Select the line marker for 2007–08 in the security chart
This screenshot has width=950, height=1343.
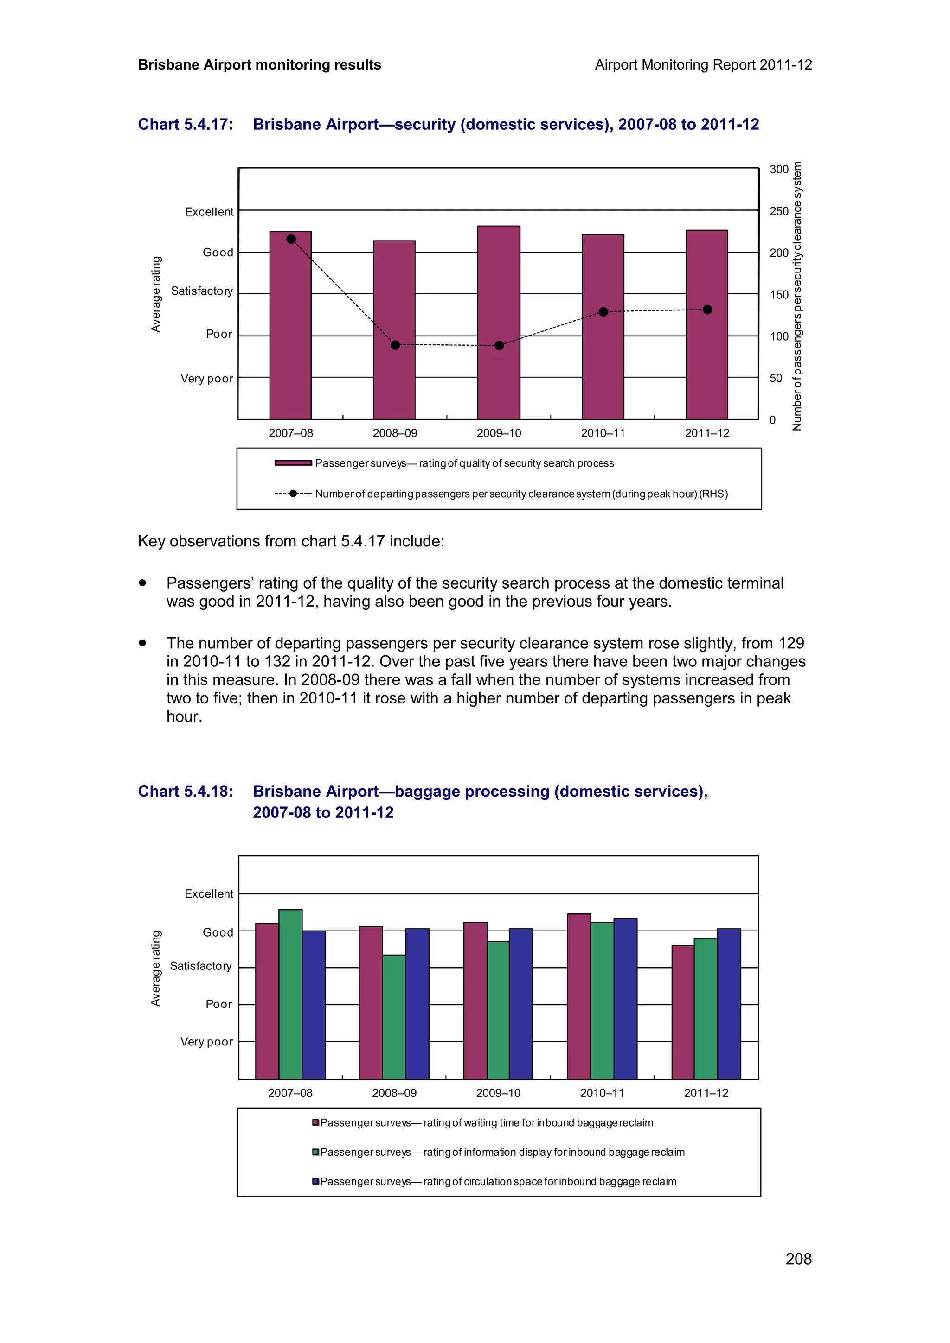click(291, 239)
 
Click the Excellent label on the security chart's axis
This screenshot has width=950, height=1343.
click(209, 212)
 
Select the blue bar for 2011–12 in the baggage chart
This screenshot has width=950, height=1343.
click(729, 1003)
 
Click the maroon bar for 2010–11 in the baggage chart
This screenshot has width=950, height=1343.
click(578, 996)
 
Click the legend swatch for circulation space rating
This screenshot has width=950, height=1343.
click(315, 1181)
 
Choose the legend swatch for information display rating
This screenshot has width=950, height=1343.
click(315, 1152)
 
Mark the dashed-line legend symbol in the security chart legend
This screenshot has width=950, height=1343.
click(293, 494)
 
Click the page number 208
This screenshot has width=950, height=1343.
click(798, 1259)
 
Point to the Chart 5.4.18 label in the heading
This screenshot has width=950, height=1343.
click(186, 792)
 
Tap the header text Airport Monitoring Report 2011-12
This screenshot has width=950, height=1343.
click(703, 65)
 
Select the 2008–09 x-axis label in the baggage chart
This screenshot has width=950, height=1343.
click(394, 1093)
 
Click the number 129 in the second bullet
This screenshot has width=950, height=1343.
click(791, 643)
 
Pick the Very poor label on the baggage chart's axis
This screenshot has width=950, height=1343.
click(206, 1042)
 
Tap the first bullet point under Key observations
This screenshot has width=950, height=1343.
click(142, 583)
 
